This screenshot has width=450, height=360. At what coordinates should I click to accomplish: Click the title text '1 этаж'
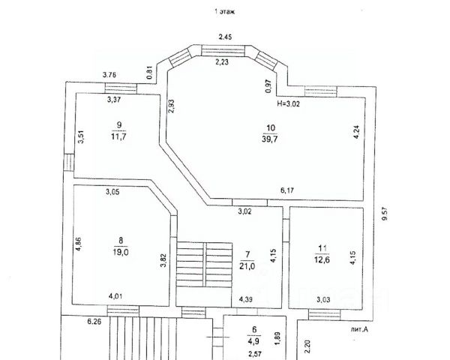coord(225,11)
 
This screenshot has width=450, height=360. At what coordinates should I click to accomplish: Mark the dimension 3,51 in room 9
coord(80,137)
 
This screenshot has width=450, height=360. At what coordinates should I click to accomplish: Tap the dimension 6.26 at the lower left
coord(94,322)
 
